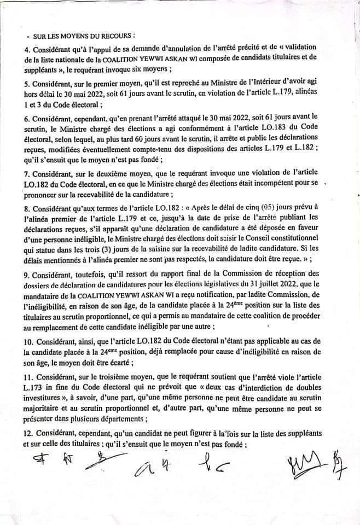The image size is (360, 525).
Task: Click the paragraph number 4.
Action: (27, 50)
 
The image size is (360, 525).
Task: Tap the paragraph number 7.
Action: (27, 173)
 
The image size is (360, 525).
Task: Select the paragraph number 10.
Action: (30, 342)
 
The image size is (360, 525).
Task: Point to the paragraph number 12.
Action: (30, 433)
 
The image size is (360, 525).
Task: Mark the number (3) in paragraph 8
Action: (90, 249)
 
